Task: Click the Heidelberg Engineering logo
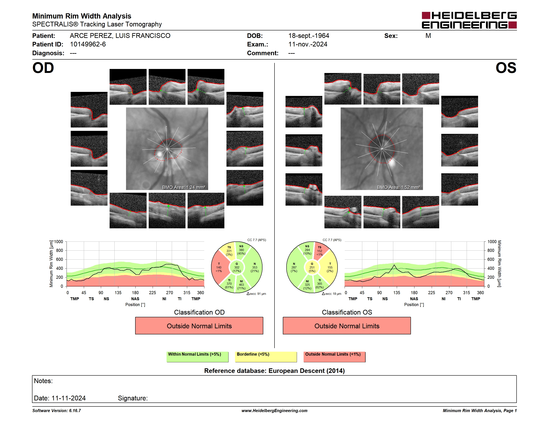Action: (469, 20)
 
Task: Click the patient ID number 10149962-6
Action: (88, 44)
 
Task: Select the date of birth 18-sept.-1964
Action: (308, 36)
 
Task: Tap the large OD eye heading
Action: (43, 68)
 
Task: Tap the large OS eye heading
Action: (506, 68)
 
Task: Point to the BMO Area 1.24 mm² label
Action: (183, 187)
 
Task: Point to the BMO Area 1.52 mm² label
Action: (398, 187)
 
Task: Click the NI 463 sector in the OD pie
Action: (242, 285)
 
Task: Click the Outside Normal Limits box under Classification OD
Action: (199, 326)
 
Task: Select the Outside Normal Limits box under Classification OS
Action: (347, 326)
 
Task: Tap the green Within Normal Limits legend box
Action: (197, 357)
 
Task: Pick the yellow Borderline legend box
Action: (266, 357)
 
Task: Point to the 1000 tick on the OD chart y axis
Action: (58, 242)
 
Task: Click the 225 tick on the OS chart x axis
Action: (431, 292)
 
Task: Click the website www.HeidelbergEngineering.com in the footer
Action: (274, 411)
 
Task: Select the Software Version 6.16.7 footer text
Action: (57, 411)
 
